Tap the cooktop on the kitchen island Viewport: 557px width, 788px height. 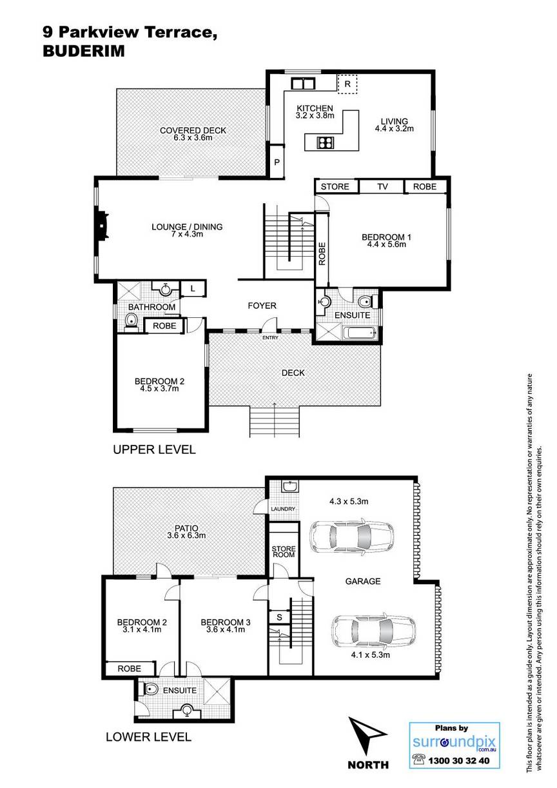click(326, 143)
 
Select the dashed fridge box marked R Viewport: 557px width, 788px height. click(347, 84)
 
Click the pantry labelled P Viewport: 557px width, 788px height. click(277, 162)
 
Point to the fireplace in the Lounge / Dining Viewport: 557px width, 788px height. click(102, 226)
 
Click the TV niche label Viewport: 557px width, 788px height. click(382, 187)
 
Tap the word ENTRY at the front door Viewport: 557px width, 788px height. click(270, 338)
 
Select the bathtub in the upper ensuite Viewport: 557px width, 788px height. click(360, 333)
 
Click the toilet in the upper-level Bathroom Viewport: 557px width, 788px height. click(131, 322)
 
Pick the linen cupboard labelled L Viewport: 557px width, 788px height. click(193, 289)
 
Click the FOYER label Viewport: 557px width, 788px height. click(262, 306)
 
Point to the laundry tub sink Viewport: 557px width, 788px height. click(290, 486)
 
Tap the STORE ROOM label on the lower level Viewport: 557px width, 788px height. click(284, 551)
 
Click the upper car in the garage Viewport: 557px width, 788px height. click(351, 536)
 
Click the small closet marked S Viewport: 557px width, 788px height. click(280, 617)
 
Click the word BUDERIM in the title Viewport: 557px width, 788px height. click(84, 51)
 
